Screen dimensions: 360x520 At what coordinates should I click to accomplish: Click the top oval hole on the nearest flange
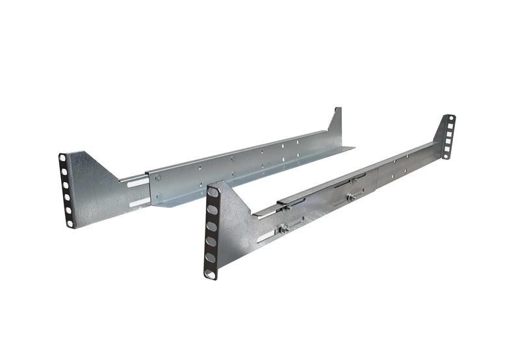pos(213,192)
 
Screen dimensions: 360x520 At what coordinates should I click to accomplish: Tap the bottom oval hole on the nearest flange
pos(209,274)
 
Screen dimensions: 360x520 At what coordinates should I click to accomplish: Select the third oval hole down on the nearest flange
pos(211,225)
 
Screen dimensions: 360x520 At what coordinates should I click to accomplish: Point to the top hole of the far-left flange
pos(62,158)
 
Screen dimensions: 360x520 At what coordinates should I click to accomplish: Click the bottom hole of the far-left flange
pos(70,223)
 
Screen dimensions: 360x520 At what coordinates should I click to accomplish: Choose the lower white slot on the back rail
pos(139,202)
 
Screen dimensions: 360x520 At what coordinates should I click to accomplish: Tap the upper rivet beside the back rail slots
pos(158,177)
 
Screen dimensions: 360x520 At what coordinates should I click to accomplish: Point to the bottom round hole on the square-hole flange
pos(446,155)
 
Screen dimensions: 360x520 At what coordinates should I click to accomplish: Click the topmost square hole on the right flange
pos(450,125)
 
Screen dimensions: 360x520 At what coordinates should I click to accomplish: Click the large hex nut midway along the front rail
pos(350,197)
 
